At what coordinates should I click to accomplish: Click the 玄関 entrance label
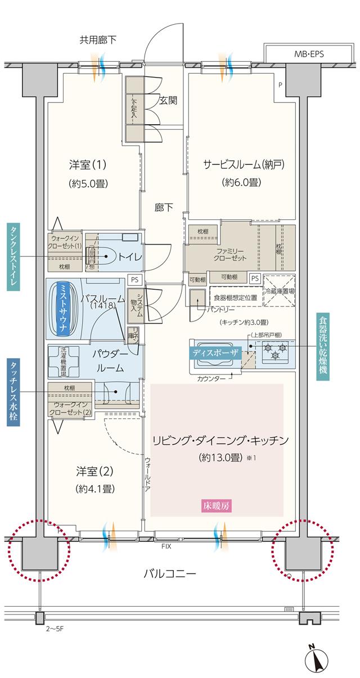coord(168,101)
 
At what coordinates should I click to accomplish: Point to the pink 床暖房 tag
coord(217,505)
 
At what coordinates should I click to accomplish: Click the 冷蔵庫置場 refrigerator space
coord(279,291)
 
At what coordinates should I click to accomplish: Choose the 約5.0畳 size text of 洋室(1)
coord(88,183)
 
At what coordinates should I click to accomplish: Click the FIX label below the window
coord(166,546)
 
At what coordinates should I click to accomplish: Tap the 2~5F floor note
coord(56,627)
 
